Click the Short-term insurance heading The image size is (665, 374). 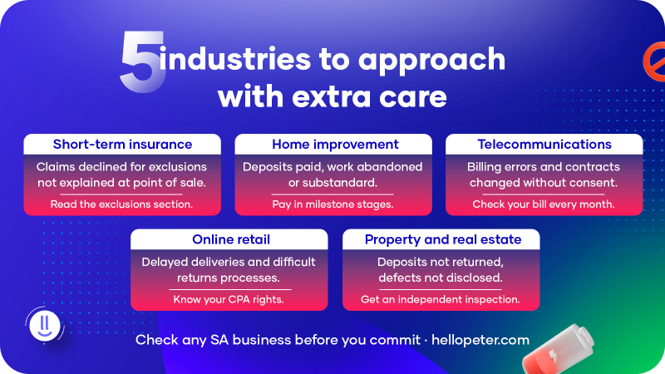122,145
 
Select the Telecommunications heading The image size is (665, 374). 544,145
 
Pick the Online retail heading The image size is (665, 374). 231,240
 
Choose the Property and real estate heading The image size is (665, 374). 443,240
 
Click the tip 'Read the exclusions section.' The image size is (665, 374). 122,204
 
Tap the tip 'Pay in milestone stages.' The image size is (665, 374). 332,204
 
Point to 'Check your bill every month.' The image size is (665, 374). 544,204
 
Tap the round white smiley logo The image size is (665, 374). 42,323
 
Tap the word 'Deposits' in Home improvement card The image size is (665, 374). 268,167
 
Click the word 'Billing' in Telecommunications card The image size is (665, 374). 485,167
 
